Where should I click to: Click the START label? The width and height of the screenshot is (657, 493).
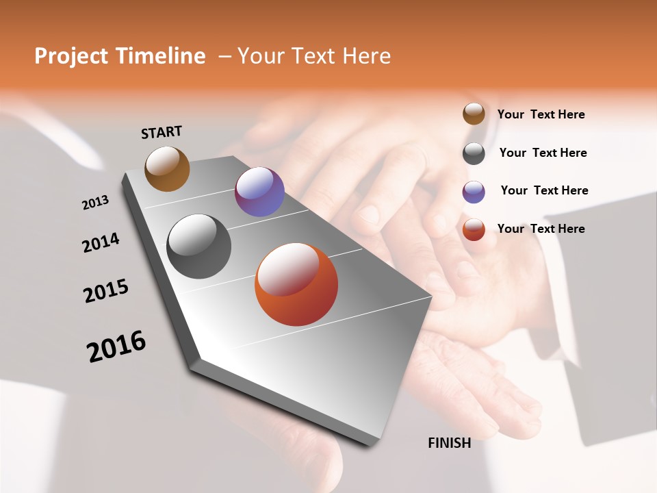pos(162,132)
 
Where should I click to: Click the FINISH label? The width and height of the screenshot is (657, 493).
pos(450,443)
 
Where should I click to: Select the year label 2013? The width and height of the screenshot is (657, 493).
pos(95,203)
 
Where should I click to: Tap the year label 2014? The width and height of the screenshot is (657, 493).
pos(101,242)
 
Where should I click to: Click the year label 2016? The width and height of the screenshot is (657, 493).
pos(116,346)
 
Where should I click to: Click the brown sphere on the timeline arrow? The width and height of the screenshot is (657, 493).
pos(167,168)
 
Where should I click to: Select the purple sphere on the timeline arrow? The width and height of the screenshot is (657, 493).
pos(259,192)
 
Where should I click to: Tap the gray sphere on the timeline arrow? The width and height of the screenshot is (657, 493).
pos(198,246)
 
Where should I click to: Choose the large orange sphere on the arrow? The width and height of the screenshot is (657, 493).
pos(296,284)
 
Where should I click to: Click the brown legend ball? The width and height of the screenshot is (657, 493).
pos(474,114)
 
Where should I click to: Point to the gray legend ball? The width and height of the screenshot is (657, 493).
pos(474,153)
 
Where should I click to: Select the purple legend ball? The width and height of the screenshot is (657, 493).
pos(474,192)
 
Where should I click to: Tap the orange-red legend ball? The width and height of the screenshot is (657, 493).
pos(474,229)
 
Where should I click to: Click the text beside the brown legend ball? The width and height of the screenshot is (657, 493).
pos(541,115)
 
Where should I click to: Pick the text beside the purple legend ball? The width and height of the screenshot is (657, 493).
pos(544,190)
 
